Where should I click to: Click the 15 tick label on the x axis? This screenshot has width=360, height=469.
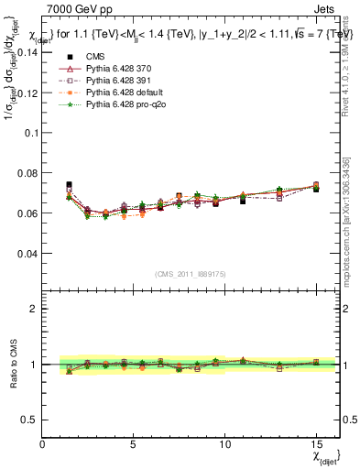pyautogui.click(x=316, y=443)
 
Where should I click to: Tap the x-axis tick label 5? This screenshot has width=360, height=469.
pyautogui.click(x=134, y=443)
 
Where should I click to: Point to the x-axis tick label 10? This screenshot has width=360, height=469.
pyautogui.click(x=224, y=443)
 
